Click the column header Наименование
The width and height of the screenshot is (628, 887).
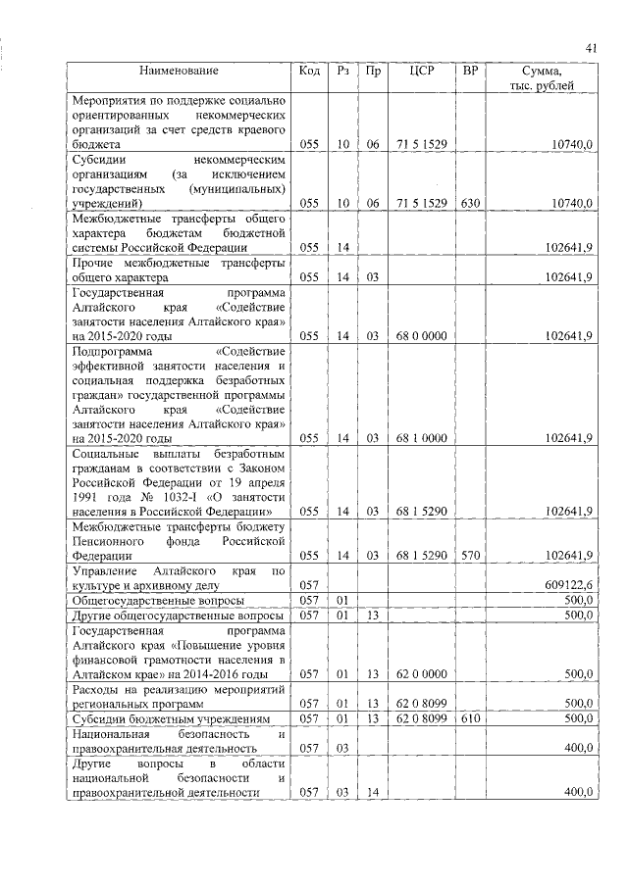(x=179, y=72)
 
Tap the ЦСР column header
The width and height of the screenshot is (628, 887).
(x=422, y=72)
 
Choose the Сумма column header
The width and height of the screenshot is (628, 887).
(x=543, y=78)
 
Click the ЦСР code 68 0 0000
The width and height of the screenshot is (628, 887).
(x=422, y=335)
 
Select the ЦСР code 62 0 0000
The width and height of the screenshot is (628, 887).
(x=422, y=673)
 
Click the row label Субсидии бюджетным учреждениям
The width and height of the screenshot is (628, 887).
(x=167, y=718)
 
